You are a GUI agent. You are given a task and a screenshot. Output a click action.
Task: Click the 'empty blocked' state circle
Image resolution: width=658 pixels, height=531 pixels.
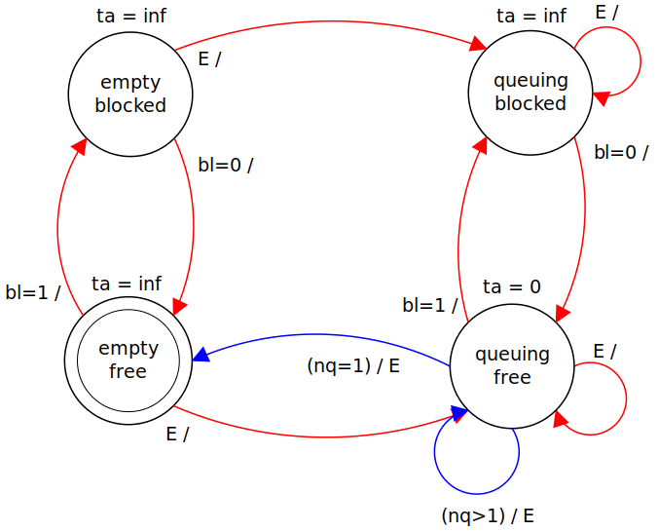pyautogui.click(x=130, y=94)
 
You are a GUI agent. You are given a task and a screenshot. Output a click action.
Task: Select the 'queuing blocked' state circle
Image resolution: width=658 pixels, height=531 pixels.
pyautogui.click(x=530, y=93)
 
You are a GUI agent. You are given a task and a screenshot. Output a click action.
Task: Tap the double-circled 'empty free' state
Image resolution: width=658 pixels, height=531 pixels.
pyautogui.click(x=128, y=360)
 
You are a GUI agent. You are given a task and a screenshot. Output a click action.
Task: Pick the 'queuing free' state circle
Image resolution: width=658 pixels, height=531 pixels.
pyautogui.click(x=512, y=365)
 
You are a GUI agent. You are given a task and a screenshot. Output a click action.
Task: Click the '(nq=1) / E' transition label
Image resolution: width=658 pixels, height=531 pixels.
pyautogui.click(x=353, y=366)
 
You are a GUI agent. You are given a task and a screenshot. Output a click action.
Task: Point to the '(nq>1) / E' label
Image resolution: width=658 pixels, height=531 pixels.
pyautogui.click(x=488, y=515)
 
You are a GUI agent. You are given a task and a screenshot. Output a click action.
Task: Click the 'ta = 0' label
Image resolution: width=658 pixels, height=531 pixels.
pyautogui.click(x=512, y=286)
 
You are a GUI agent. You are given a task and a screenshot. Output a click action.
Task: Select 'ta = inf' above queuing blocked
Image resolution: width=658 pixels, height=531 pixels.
pyautogui.click(x=531, y=16)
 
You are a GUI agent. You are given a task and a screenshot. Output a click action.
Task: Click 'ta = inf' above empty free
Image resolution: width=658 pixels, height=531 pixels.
pyautogui.click(x=127, y=284)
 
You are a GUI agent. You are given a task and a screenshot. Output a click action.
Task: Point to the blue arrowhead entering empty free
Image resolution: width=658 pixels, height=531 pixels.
pyautogui.click(x=201, y=355)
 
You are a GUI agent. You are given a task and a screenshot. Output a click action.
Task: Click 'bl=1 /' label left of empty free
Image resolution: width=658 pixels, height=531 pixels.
pyautogui.click(x=33, y=291)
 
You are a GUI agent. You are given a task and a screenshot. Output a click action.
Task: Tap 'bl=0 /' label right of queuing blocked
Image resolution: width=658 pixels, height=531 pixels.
pyautogui.click(x=621, y=151)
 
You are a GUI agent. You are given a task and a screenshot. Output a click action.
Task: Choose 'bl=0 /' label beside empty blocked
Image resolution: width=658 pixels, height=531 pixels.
pyautogui.click(x=225, y=165)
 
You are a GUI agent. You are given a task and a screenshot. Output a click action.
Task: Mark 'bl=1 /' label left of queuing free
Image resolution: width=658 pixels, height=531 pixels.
pyautogui.click(x=430, y=305)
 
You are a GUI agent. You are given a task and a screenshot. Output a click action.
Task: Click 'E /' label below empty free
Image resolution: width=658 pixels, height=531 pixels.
pyautogui.click(x=177, y=434)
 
